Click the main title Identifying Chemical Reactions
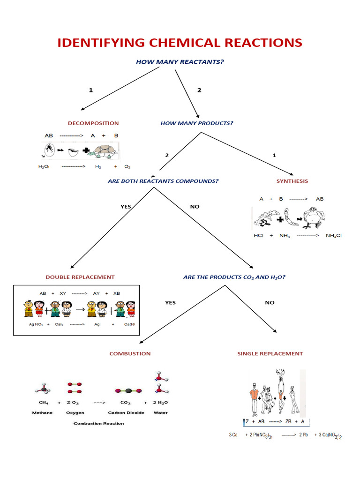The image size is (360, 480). [180, 43]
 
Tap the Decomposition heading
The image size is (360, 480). [93, 123]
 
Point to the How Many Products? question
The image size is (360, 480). [197, 123]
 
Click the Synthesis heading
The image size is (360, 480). [292, 181]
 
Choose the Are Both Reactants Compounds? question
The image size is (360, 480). [163, 181]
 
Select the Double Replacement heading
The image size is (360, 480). [80, 277]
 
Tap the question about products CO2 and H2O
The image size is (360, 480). [234, 277]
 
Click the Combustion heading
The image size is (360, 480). [130, 353]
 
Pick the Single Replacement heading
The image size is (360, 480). [270, 353]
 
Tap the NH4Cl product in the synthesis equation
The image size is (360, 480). [334, 235]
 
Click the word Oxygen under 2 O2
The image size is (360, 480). [75, 412]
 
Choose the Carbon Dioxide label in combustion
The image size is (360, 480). [125, 412]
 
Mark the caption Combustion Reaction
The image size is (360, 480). [99, 423]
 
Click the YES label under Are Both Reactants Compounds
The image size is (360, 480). [126, 207]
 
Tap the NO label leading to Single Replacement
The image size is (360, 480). [270, 303]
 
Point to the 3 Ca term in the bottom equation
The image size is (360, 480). [233, 435]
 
